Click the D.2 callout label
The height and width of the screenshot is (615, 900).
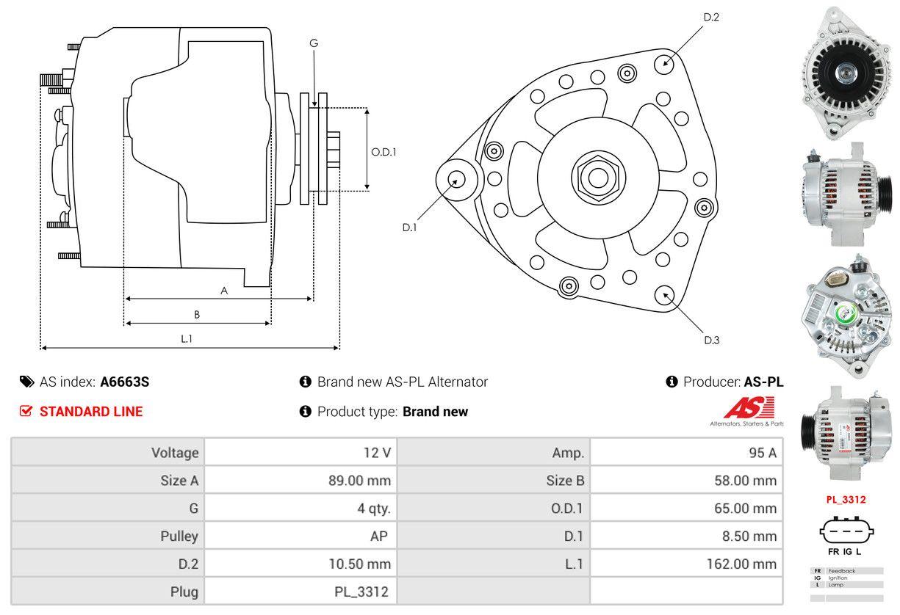coord(710,17)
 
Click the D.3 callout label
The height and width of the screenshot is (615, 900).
coord(711,340)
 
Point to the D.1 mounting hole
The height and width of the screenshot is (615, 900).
coord(456,179)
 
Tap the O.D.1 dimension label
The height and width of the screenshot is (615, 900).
coord(384,152)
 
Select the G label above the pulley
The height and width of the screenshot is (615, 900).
coord(314,43)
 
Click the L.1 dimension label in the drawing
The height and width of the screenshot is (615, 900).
coord(187,338)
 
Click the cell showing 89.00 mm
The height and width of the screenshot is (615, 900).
coord(359,481)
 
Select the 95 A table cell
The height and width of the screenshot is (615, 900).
coord(762,453)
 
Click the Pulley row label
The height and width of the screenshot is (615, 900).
coord(179,536)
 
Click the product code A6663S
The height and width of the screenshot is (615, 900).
coord(125,382)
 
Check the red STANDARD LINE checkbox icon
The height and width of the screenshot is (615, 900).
coord(26,411)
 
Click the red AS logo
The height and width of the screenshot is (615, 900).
coord(748,408)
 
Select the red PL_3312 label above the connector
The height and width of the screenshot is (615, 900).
coord(846,500)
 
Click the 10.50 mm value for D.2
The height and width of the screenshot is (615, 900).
coord(359,564)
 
